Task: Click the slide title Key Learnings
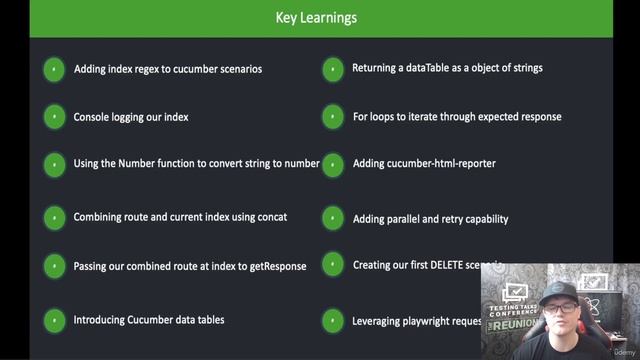[x=316, y=17]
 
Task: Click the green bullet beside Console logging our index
[x=54, y=117]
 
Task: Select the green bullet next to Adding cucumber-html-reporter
[x=333, y=164]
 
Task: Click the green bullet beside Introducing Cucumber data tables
[x=54, y=321]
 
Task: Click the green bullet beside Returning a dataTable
[x=333, y=69]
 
